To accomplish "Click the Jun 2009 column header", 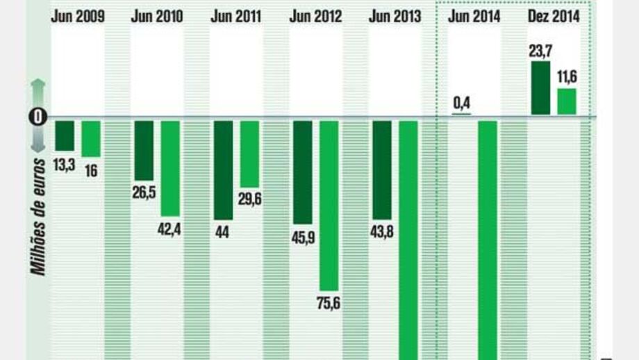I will (78, 17).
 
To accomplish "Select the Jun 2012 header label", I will (316, 17).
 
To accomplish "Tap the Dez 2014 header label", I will (554, 17).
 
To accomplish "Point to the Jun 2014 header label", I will (475, 17).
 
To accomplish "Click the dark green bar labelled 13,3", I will (65, 136).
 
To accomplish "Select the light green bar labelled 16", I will (91, 139).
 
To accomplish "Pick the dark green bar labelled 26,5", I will (144, 150).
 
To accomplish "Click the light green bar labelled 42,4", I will (171, 168).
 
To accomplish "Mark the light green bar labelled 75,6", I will (329, 205).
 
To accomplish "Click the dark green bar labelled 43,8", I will (382, 170).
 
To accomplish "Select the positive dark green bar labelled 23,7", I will (540, 88).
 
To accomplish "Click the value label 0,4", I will (462, 104).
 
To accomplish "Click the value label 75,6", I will (330, 304).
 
